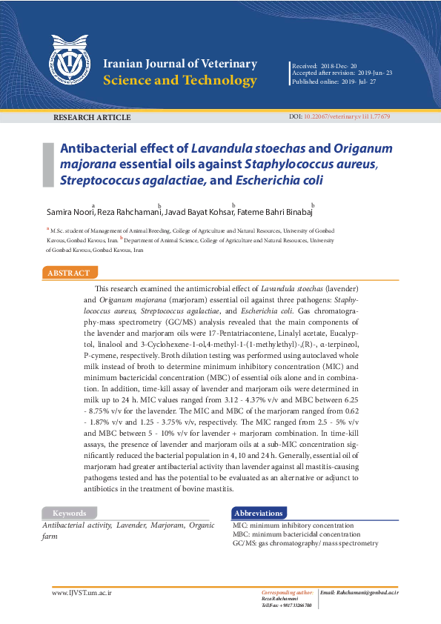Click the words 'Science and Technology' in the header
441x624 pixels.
point(180,81)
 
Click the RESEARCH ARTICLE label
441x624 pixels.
point(84,118)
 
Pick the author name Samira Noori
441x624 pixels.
point(68,213)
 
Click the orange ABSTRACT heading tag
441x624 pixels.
point(69,273)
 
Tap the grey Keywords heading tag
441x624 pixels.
point(70,513)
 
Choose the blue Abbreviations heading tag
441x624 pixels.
point(259,513)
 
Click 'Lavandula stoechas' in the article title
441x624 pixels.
point(239,148)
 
